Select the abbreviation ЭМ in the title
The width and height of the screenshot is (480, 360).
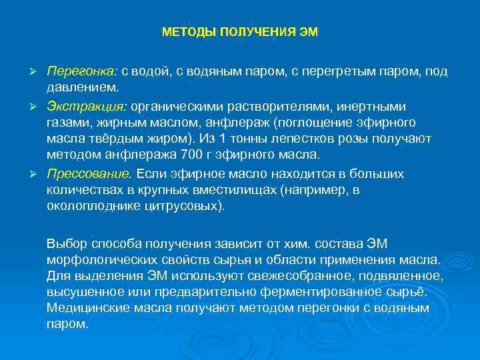point(310,33)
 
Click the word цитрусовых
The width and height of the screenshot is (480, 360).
point(190,207)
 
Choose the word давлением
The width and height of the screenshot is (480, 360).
point(83,88)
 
